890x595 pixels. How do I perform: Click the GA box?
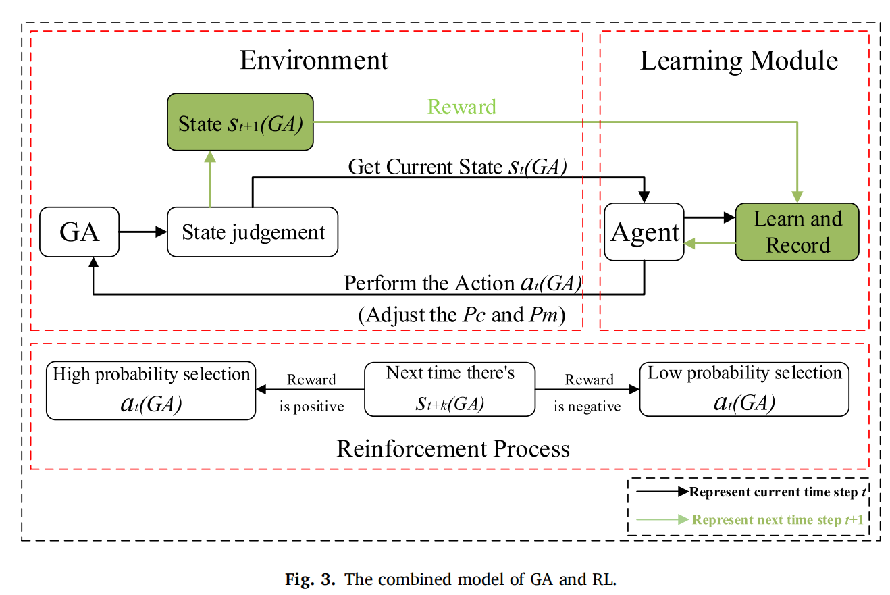pos(79,232)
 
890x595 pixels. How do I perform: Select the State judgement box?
pos(253,232)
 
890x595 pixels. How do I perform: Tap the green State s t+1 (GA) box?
pos(240,124)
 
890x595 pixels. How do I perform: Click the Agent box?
pos(644,232)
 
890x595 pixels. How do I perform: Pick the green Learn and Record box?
pos(797,232)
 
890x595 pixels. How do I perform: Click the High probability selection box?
pos(151,390)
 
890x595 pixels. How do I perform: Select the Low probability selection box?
pos(744,390)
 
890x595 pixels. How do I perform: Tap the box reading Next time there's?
pos(450,390)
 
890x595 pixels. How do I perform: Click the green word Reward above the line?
pos(463,107)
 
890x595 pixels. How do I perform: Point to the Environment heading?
pos(314,60)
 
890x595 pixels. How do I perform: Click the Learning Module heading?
pos(739,61)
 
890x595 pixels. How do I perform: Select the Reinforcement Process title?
pos(453,448)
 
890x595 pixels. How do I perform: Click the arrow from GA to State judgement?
pos(142,232)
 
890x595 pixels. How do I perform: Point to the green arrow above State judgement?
pos(210,179)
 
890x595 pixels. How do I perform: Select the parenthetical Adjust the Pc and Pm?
pos(461,315)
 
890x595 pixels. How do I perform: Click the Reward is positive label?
pos(311,393)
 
